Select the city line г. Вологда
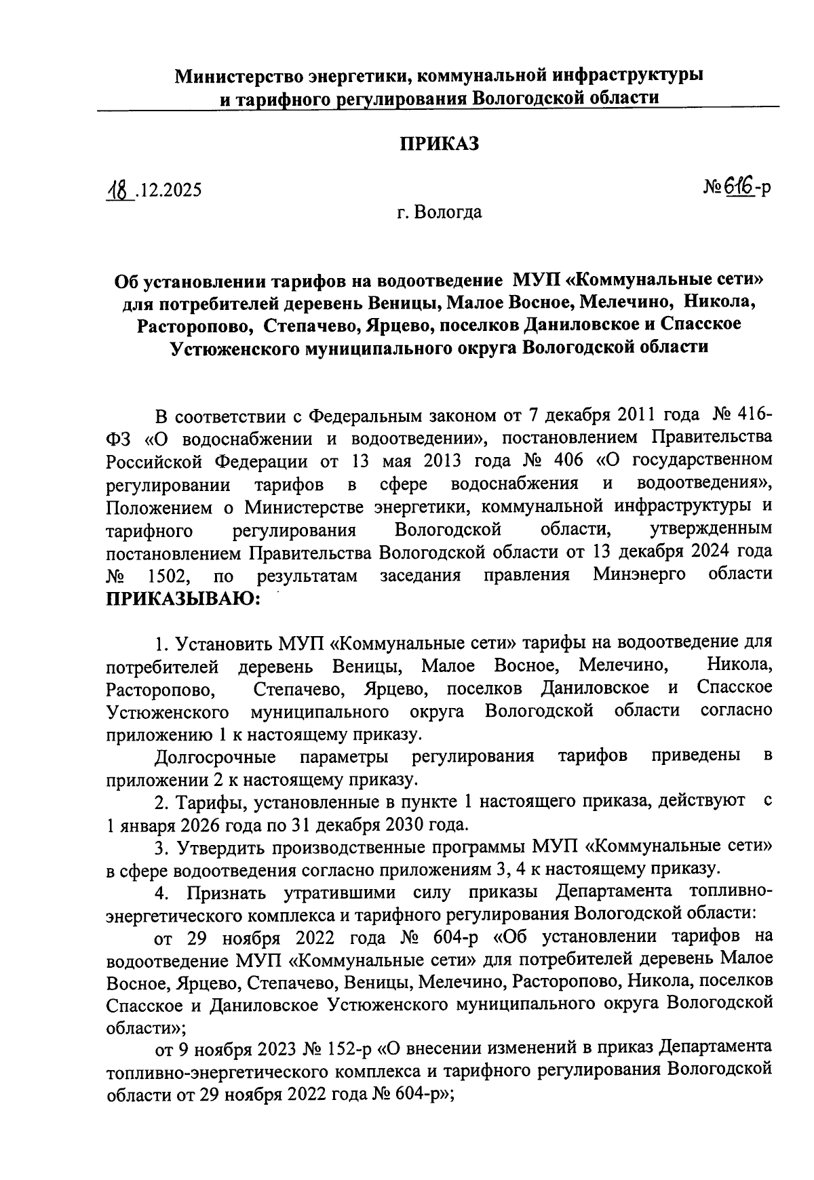(440, 212)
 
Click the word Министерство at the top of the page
(239, 75)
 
